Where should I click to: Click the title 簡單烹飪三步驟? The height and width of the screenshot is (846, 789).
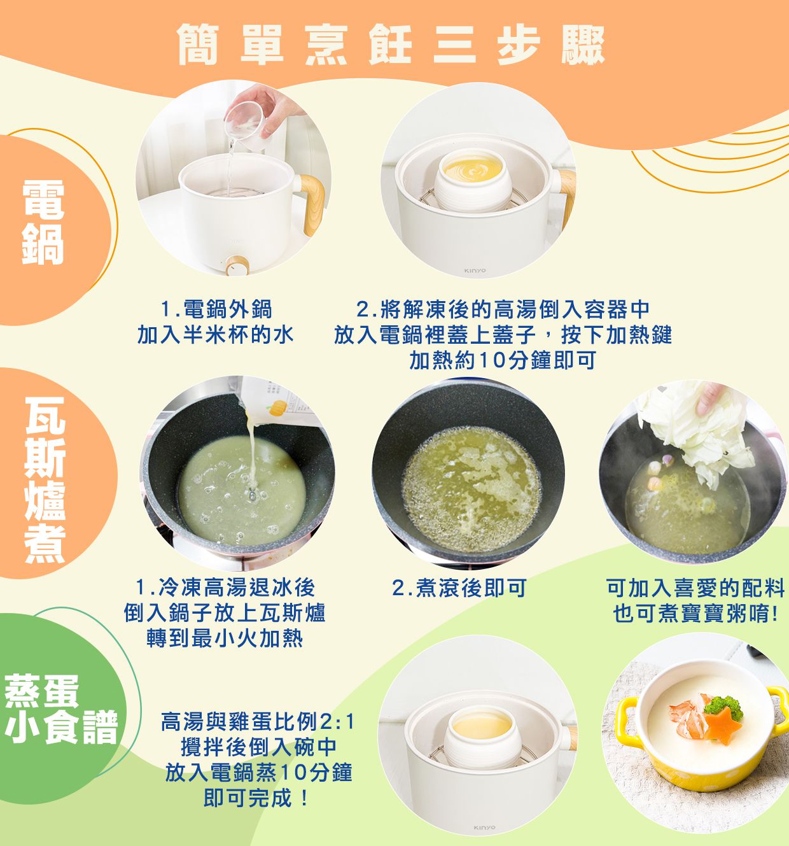tap(391, 45)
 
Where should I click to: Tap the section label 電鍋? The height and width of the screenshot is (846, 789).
tap(43, 222)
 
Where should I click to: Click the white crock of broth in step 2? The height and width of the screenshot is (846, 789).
tap(471, 179)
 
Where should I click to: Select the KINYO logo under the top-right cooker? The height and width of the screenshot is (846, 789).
tap(475, 271)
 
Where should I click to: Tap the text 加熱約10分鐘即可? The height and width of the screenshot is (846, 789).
tap(502, 360)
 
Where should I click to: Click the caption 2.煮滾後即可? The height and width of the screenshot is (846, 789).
tap(459, 588)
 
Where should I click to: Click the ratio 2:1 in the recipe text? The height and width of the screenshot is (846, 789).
tap(337, 723)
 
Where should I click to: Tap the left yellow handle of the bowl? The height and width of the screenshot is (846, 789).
tap(627, 716)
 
